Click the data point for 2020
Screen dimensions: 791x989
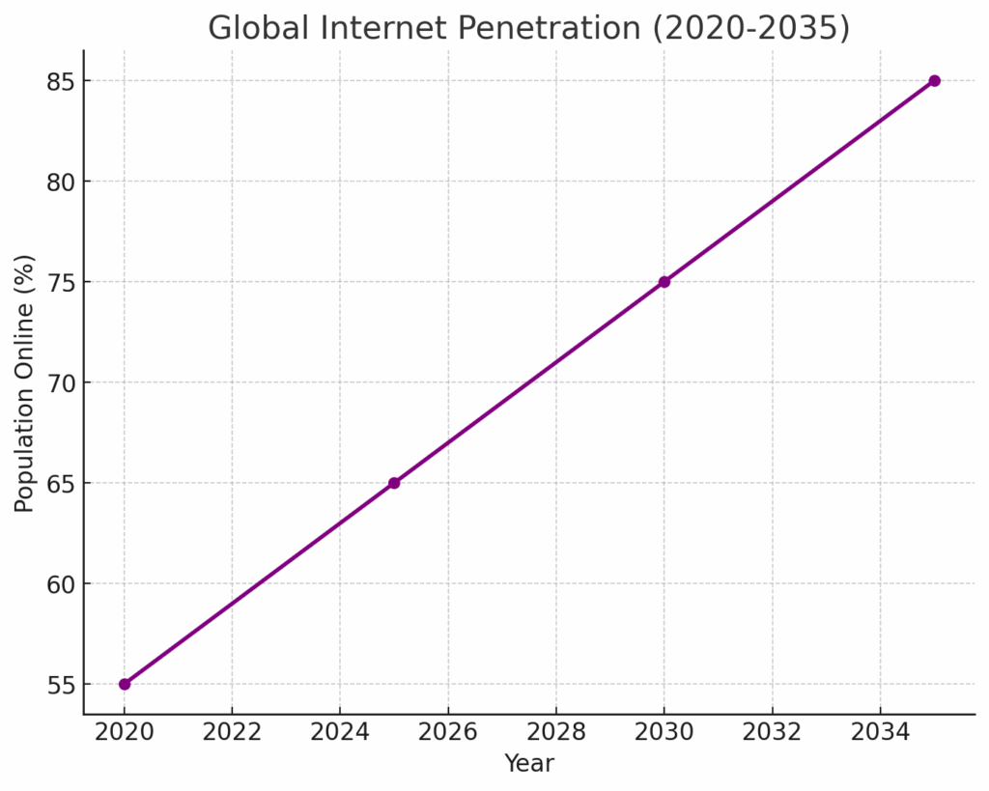click(x=125, y=684)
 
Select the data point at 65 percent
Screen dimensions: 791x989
click(x=394, y=483)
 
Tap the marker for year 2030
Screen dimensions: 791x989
click(x=664, y=282)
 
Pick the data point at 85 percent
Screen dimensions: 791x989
click(x=934, y=81)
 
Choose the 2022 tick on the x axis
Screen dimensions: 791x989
click(x=233, y=732)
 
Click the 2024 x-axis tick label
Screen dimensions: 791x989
click(x=340, y=732)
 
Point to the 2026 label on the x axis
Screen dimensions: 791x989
click(x=448, y=732)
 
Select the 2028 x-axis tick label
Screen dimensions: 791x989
click(x=556, y=732)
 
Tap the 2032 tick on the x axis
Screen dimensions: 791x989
click(x=772, y=732)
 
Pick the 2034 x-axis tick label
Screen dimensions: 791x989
click(x=880, y=732)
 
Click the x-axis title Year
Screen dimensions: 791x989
click(x=529, y=764)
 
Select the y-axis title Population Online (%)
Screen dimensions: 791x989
click(x=25, y=383)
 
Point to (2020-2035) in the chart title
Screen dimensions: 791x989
click(x=750, y=29)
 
